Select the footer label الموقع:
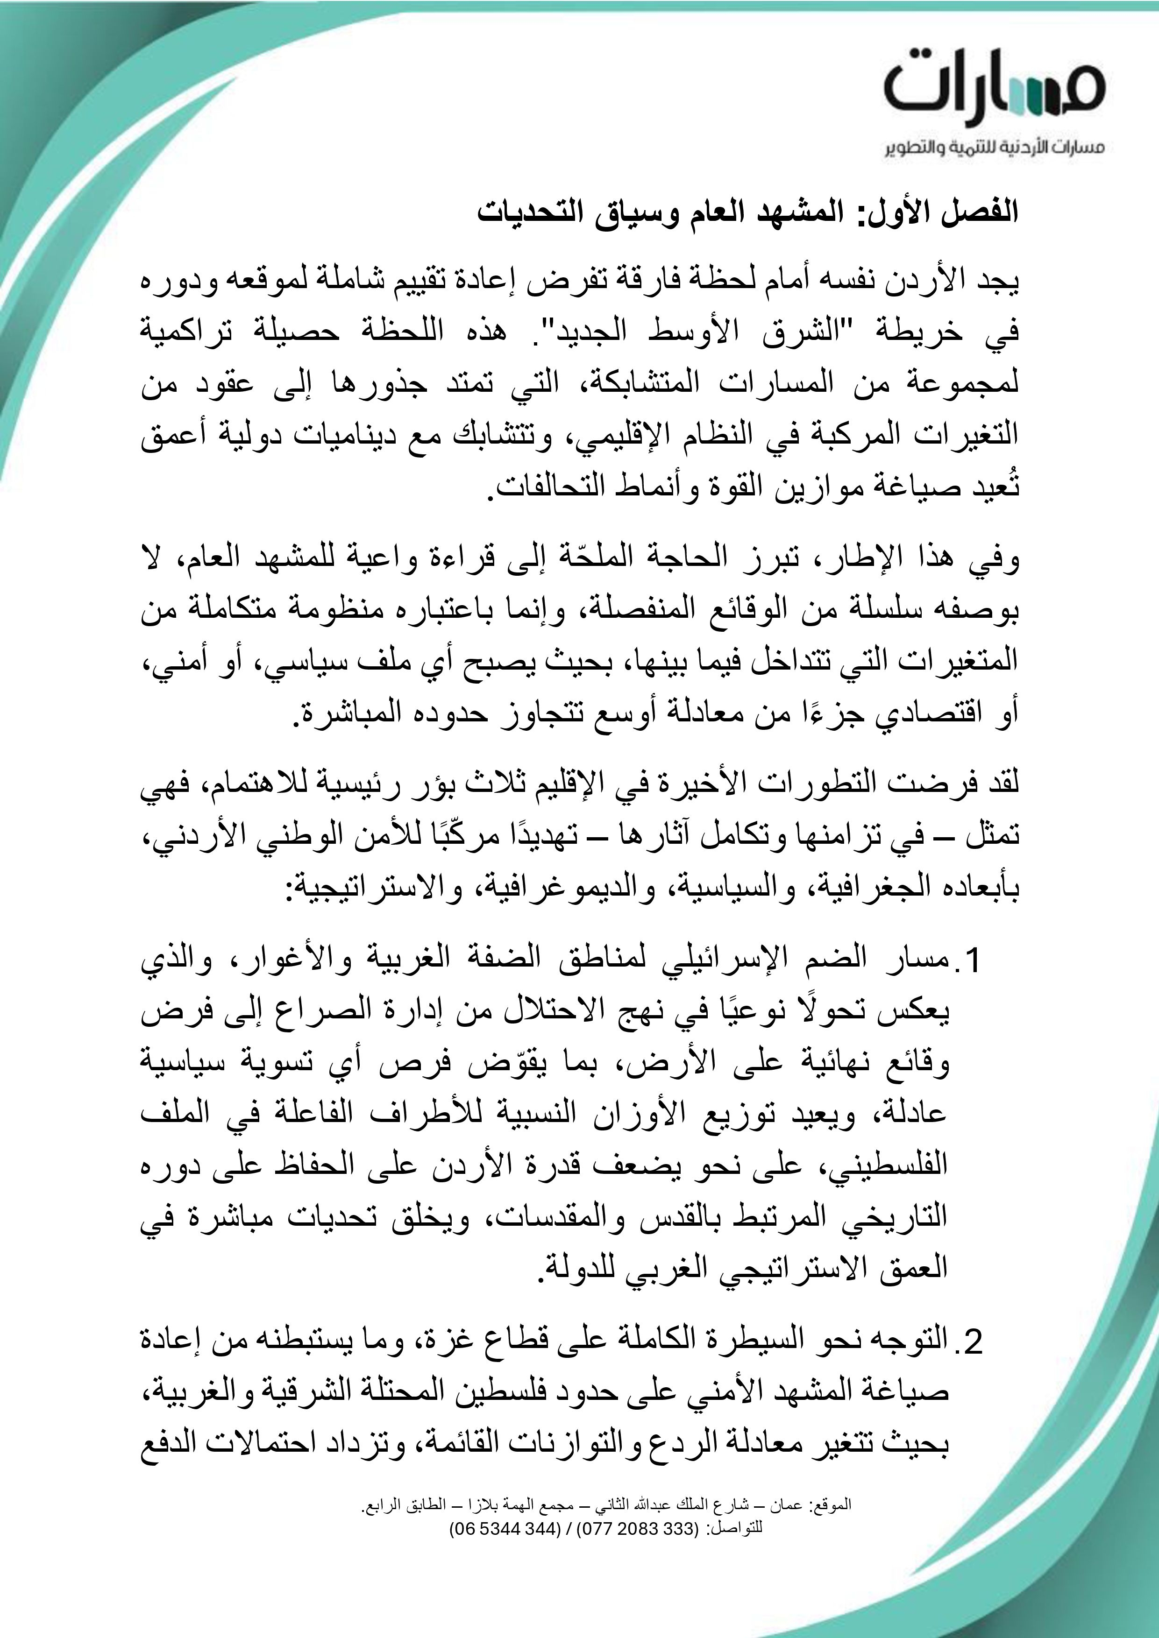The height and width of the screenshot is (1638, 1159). tap(832, 1505)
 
